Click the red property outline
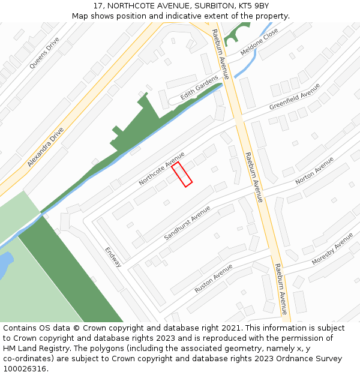coord(182,174)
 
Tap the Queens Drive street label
coord(44,53)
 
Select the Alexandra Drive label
coord(45,146)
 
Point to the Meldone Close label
coord(259,41)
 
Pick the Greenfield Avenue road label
coord(295,97)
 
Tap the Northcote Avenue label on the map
coord(161,169)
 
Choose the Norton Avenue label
coord(314,170)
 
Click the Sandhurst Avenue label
coord(187,223)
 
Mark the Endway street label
coord(113,257)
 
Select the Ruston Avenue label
coord(213,278)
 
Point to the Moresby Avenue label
coord(332,249)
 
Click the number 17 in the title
coord(98,5)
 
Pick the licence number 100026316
coord(25,369)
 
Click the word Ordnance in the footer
coord(304,359)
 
